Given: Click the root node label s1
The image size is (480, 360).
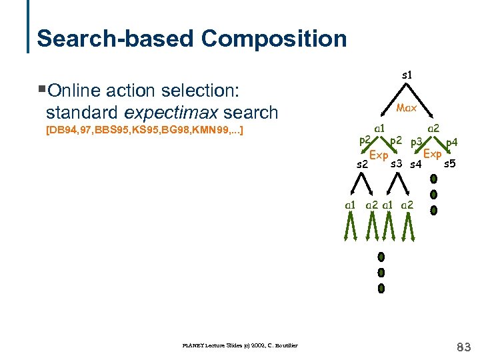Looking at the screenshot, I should pos(406,76).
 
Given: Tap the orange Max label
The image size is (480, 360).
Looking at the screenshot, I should pos(406,107).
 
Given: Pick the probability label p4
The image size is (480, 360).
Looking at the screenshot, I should pos(451,141).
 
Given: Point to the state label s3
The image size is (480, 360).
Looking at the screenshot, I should pos(397,164).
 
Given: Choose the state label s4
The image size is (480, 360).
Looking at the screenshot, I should pos(416,164).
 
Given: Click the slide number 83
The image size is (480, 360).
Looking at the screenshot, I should pos(463,347).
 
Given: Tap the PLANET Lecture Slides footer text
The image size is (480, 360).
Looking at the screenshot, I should pos(239,345).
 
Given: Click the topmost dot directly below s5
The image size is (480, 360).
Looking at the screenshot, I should pos(433,179).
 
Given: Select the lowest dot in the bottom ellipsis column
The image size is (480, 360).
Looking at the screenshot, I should pos(381,289).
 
